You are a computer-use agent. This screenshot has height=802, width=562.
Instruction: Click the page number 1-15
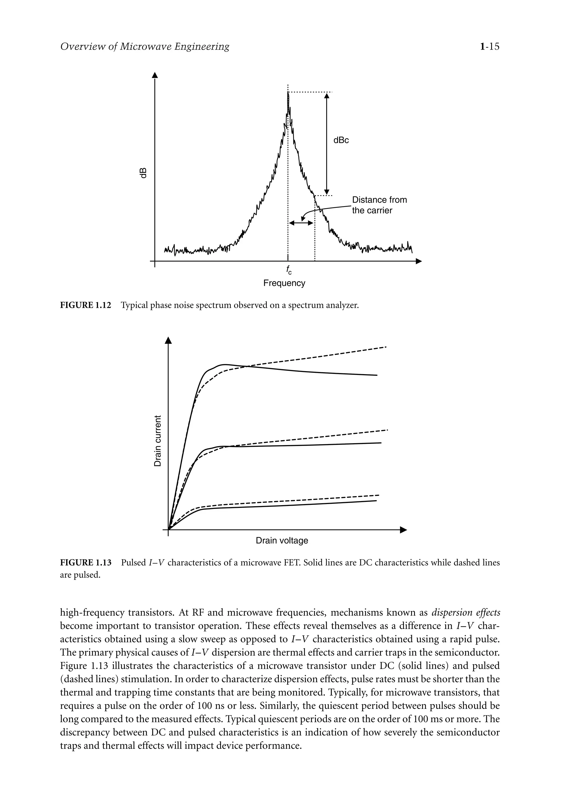tap(490, 46)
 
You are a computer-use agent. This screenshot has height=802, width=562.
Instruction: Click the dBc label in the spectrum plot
tap(341, 140)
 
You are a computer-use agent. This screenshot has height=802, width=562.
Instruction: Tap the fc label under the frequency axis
tap(288, 270)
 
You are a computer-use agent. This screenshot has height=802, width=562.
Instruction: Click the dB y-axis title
tap(143, 173)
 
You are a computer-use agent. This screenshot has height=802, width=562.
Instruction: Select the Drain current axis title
tap(158, 440)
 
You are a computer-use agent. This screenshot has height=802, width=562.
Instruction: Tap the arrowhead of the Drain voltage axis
tap(404, 530)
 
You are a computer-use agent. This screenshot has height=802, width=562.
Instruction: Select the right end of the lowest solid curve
tap(376, 500)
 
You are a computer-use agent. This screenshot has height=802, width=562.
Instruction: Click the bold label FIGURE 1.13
tap(86, 563)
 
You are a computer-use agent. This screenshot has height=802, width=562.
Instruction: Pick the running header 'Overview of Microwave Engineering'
tap(145, 46)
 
